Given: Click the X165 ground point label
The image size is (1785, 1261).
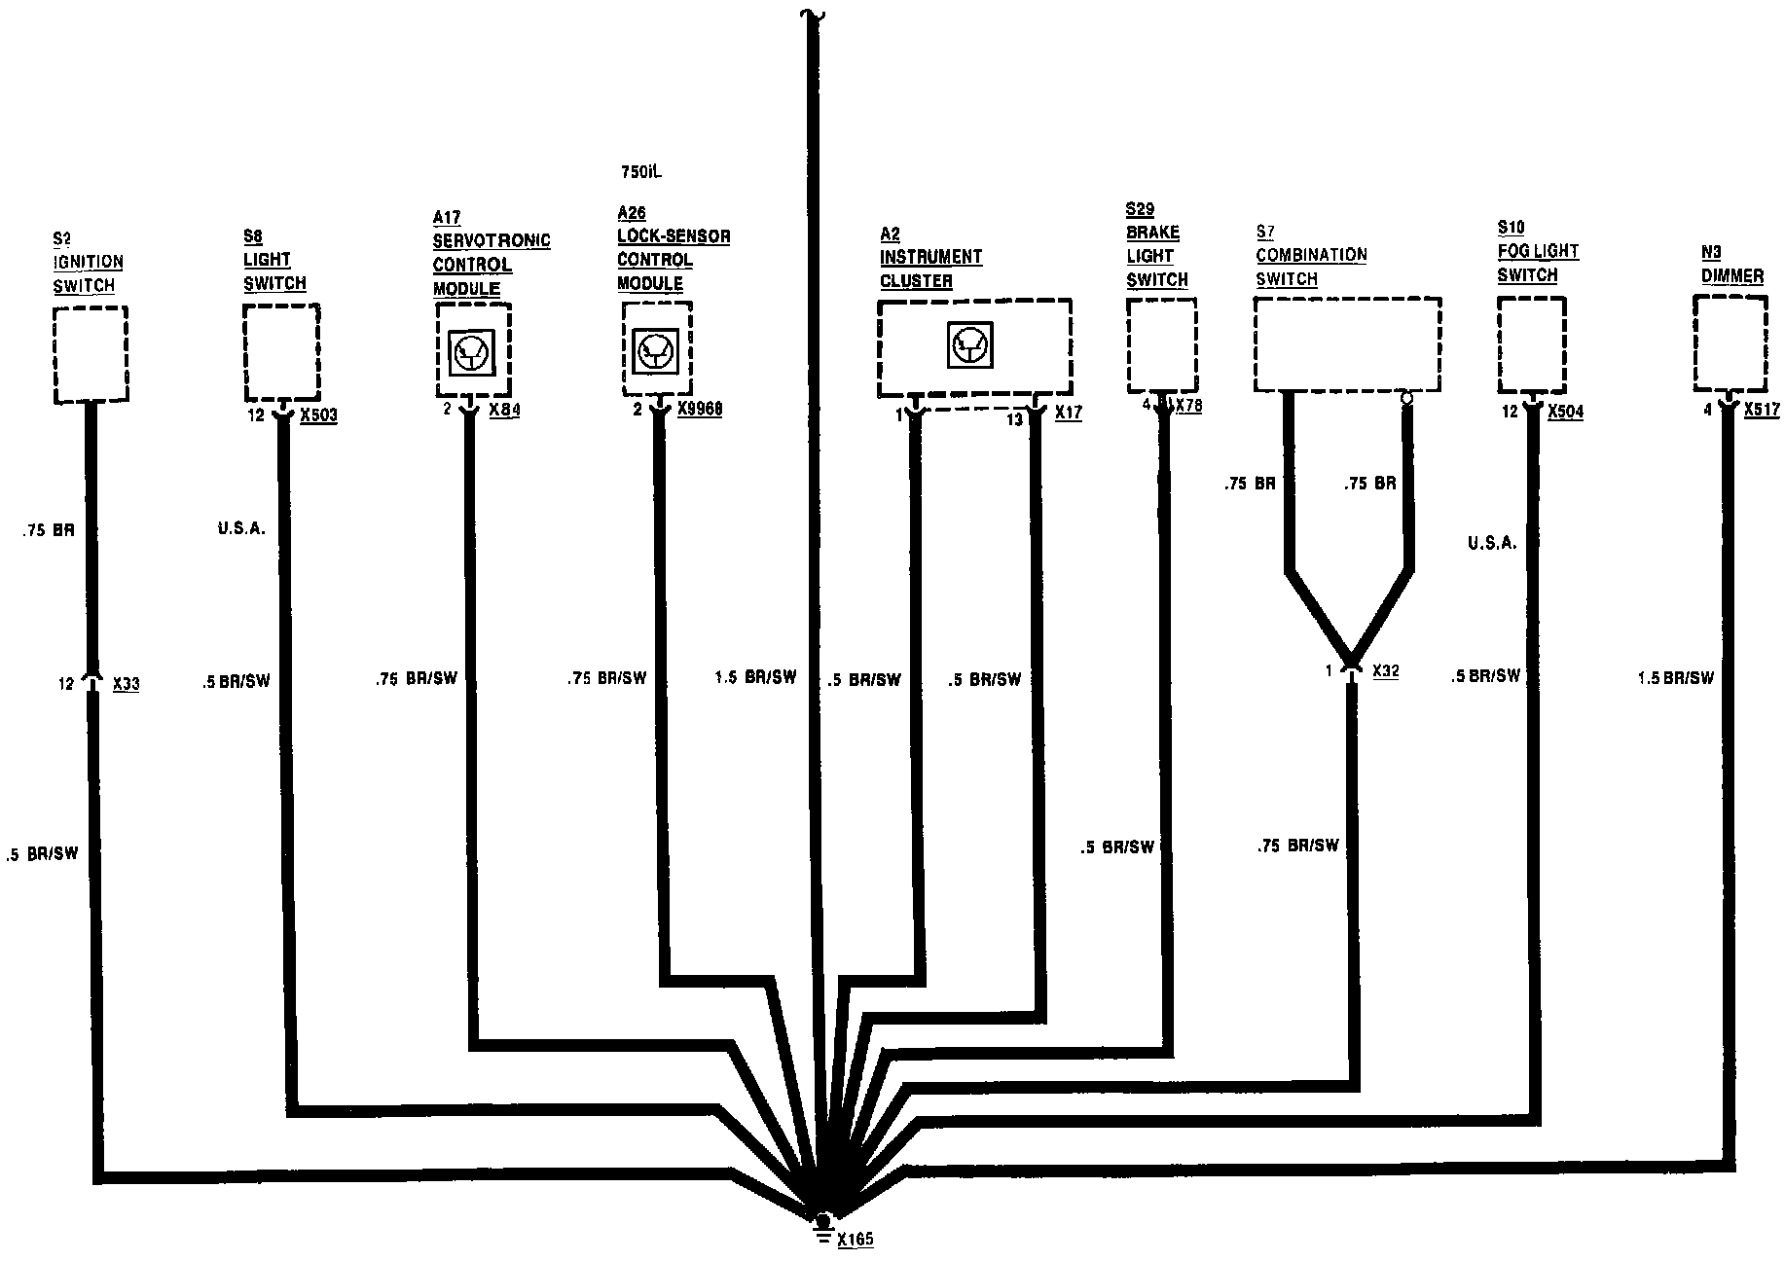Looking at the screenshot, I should coord(855,1240).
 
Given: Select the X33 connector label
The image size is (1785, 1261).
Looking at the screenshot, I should coord(126,684).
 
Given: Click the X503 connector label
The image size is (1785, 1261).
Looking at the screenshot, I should coord(318,415).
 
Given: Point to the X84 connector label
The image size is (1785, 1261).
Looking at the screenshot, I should coord(504,410).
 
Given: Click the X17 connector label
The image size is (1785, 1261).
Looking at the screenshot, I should coord(1068,413).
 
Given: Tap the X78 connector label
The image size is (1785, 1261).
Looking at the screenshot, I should coord(1188,406).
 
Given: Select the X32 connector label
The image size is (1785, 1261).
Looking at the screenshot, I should coord(1385,670).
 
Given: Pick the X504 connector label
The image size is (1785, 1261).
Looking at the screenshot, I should coord(1565,412).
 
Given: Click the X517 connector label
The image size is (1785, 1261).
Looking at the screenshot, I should coord(1762,410).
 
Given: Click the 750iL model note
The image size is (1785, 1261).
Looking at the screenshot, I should coord(641,172).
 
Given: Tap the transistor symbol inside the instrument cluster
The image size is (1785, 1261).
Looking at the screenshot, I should coord(969,344).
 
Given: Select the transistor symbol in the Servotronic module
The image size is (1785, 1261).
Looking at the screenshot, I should coord(473,351).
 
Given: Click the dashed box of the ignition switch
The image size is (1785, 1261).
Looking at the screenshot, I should coord(91,354).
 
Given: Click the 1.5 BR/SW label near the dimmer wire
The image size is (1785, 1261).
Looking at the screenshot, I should coord(1675,677).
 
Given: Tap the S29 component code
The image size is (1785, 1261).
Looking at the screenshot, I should coord(1140,209).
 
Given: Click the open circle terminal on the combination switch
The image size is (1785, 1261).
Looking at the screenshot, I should coord(1405,398).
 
